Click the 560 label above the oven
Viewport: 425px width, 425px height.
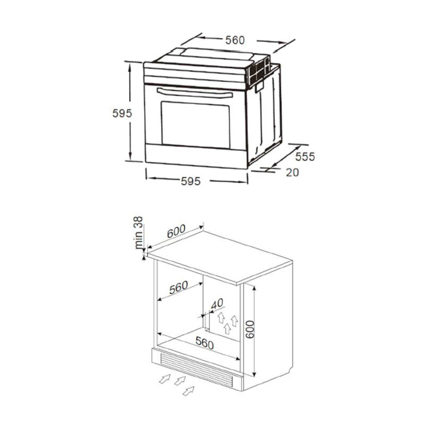point(234,40)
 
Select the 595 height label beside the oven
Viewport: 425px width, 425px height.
point(122,113)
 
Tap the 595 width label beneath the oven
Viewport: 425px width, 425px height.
point(190,181)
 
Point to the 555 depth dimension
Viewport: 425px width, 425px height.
point(305,157)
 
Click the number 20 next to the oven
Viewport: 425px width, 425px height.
point(292,172)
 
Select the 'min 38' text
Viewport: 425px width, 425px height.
point(139,233)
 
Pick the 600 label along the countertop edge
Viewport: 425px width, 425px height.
point(176,232)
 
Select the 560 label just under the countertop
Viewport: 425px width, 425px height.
point(178,287)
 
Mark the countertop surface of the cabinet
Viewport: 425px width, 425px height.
point(223,255)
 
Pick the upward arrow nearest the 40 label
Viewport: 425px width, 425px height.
point(220,318)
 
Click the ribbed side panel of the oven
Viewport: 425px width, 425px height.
point(268,114)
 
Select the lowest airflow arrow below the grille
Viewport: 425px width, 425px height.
point(188,391)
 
